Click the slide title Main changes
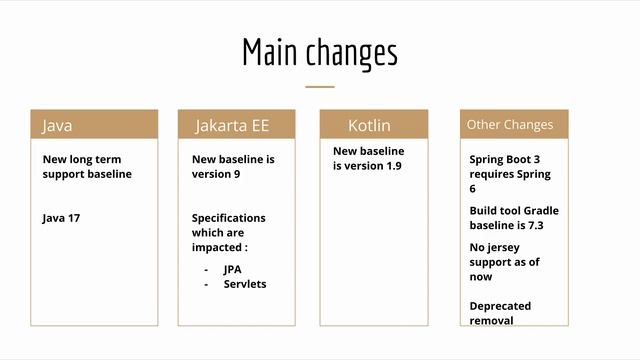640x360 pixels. [x=319, y=53]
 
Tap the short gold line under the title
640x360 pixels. [x=319, y=87]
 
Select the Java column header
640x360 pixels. [x=94, y=125]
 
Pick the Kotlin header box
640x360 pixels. [x=374, y=125]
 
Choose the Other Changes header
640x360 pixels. [x=513, y=125]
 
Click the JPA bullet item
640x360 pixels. [x=233, y=269]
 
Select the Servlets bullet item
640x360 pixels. [x=245, y=284]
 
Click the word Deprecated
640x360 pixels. [x=500, y=306]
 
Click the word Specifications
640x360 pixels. [x=228, y=217]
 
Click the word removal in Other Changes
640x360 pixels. [x=491, y=320]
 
